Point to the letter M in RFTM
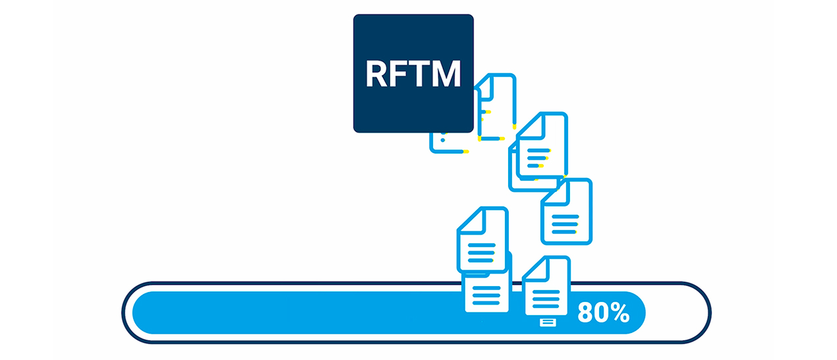point(447,74)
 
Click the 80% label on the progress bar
point(603,313)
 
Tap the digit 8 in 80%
point(585,313)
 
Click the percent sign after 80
point(620,313)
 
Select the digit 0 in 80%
point(600,313)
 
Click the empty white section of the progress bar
point(676,313)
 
